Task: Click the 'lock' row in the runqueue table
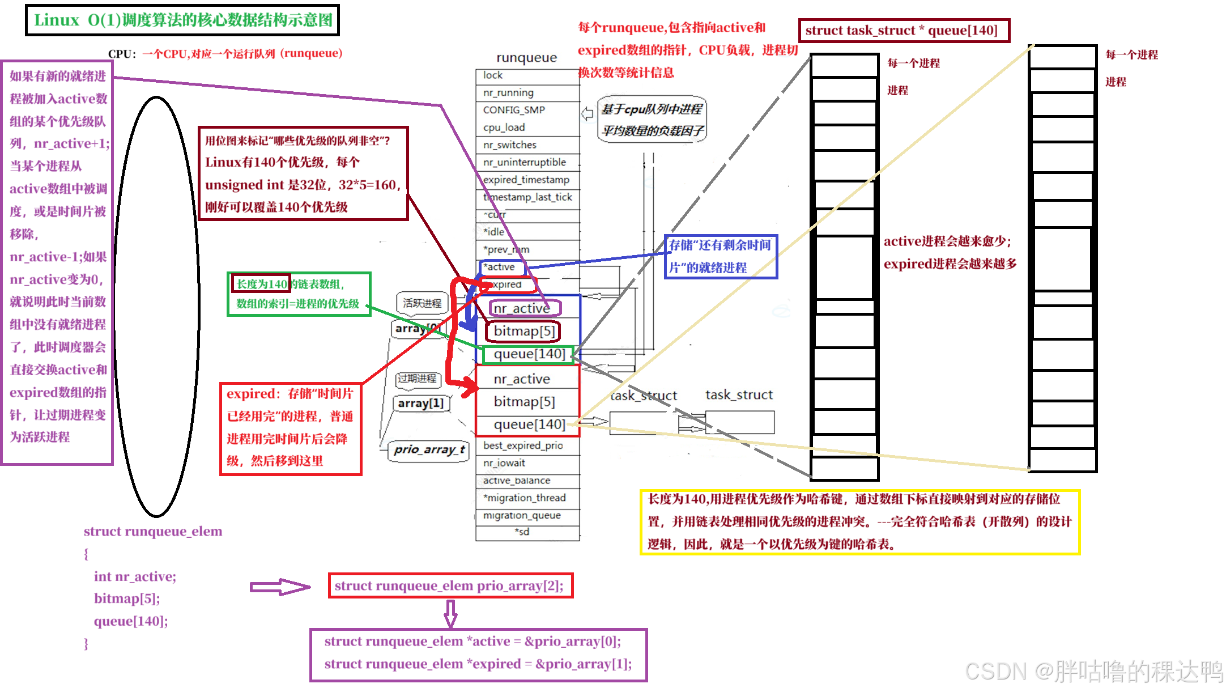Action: pyautogui.click(x=527, y=75)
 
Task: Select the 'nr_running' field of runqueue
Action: pyautogui.click(x=527, y=93)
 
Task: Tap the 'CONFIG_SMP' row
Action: pyautogui.click(x=527, y=110)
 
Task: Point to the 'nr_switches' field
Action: pyautogui.click(x=527, y=145)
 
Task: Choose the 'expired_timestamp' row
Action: pyautogui.click(x=527, y=180)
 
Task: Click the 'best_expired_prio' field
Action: pyautogui.click(x=527, y=445)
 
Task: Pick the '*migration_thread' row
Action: pyautogui.click(x=527, y=498)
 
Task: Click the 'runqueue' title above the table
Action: pyautogui.click(x=526, y=58)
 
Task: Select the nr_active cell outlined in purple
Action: pyautogui.click(x=525, y=308)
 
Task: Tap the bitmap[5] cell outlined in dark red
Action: pyautogui.click(x=524, y=331)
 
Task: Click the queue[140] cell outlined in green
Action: pyautogui.click(x=529, y=354)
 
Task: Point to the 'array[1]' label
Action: pyautogui.click(x=421, y=404)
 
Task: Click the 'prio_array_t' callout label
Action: pyautogui.click(x=429, y=450)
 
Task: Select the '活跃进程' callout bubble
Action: pyautogui.click(x=422, y=303)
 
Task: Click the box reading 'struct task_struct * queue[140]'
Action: pyautogui.click(x=904, y=31)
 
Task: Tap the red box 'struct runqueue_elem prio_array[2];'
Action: pyautogui.click(x=450, y=585)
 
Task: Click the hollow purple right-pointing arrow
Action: pyautogui.click(x=280, y=587)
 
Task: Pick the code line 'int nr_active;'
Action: pyautogui.click(x=135, y=576)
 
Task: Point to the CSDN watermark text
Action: pyautogui.click(x=1093, y=670)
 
